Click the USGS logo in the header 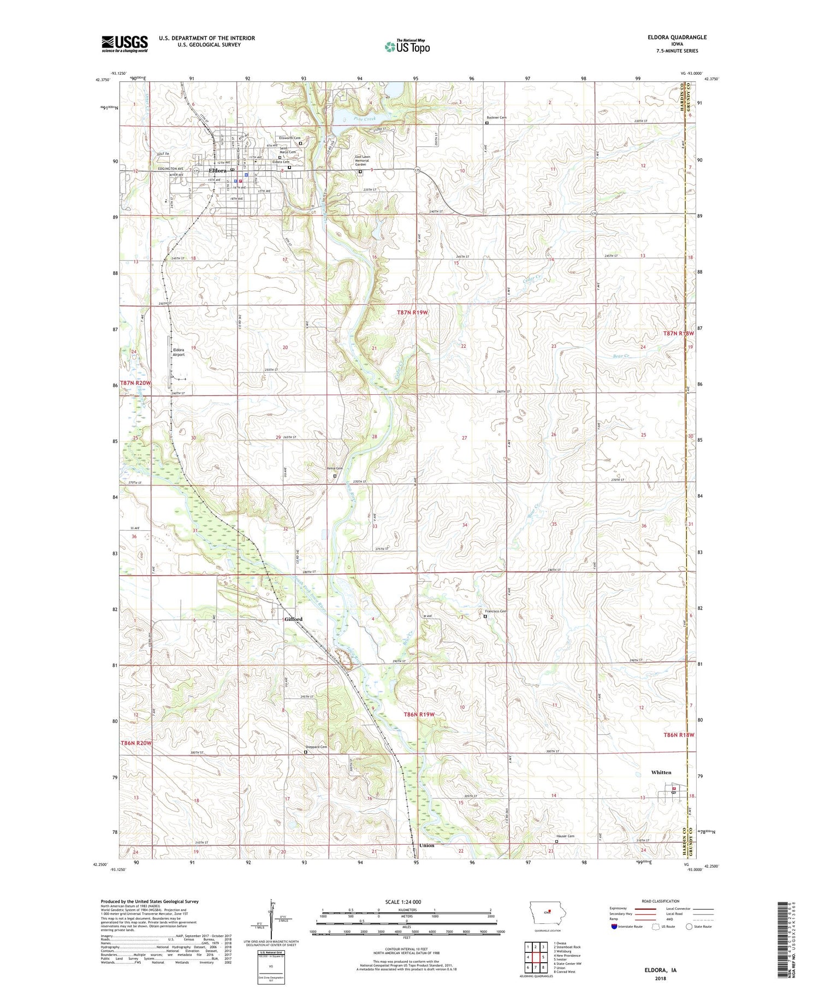pos(124,43)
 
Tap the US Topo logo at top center pos(407,46)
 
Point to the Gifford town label pos(293,619)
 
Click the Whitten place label pos(661,772)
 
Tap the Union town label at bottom pos(426,845)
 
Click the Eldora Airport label pos(179,352)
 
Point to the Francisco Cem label pos(496,611)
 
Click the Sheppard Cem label pos(316,747)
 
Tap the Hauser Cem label pos(565,836)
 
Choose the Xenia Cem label pos(335,469)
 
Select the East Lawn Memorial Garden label pos(362,161)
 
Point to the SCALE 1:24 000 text pos(403,902)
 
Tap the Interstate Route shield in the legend pos(615,927)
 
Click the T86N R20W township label pos(135,743)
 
